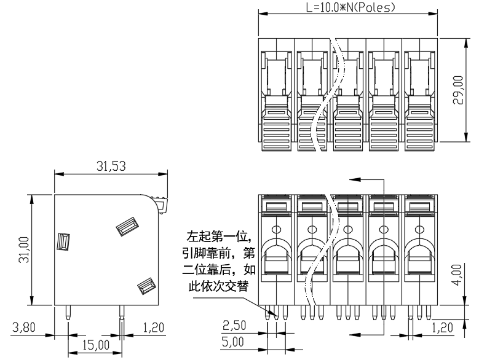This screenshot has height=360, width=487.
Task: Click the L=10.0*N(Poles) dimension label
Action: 350,7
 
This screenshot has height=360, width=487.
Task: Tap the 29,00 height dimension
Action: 458,90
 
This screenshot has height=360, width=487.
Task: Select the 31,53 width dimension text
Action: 111,166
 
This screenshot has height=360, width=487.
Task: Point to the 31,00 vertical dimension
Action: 23,250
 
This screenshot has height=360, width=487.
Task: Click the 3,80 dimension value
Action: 23,327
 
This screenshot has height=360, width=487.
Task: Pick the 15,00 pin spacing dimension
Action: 96,345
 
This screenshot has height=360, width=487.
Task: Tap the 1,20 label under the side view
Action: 154,327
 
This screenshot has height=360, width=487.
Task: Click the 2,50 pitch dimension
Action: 234,325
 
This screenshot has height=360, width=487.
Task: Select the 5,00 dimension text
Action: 232,342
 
